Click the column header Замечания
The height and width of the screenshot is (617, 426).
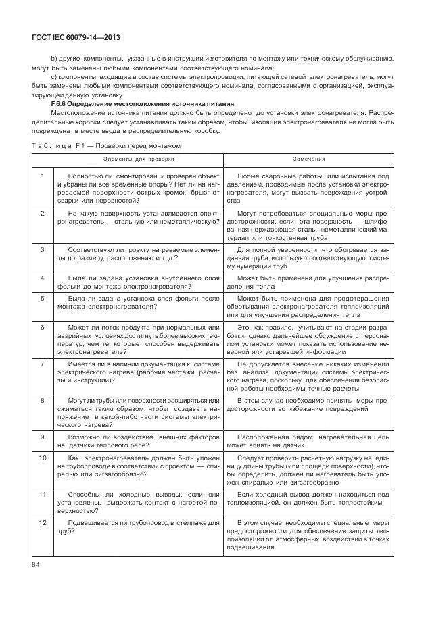(x=308, y=159)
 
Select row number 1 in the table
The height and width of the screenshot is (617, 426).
(x=42, y=176)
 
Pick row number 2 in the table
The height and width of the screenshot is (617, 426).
(x=42, y=213)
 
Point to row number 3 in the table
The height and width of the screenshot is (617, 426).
(x=42, y=249)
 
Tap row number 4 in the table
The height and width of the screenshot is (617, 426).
(x=42, y=278)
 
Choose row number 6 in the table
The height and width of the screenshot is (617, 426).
(x=42, y=327)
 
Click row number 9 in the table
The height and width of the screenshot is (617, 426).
(x=42, y=437)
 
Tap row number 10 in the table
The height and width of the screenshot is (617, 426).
(x=42, y=458)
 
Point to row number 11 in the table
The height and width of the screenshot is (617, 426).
(x=42, y=495)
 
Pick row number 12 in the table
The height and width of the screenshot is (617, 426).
(x=42, y=523)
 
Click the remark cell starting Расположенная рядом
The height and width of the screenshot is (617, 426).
(x=308, y=441)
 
